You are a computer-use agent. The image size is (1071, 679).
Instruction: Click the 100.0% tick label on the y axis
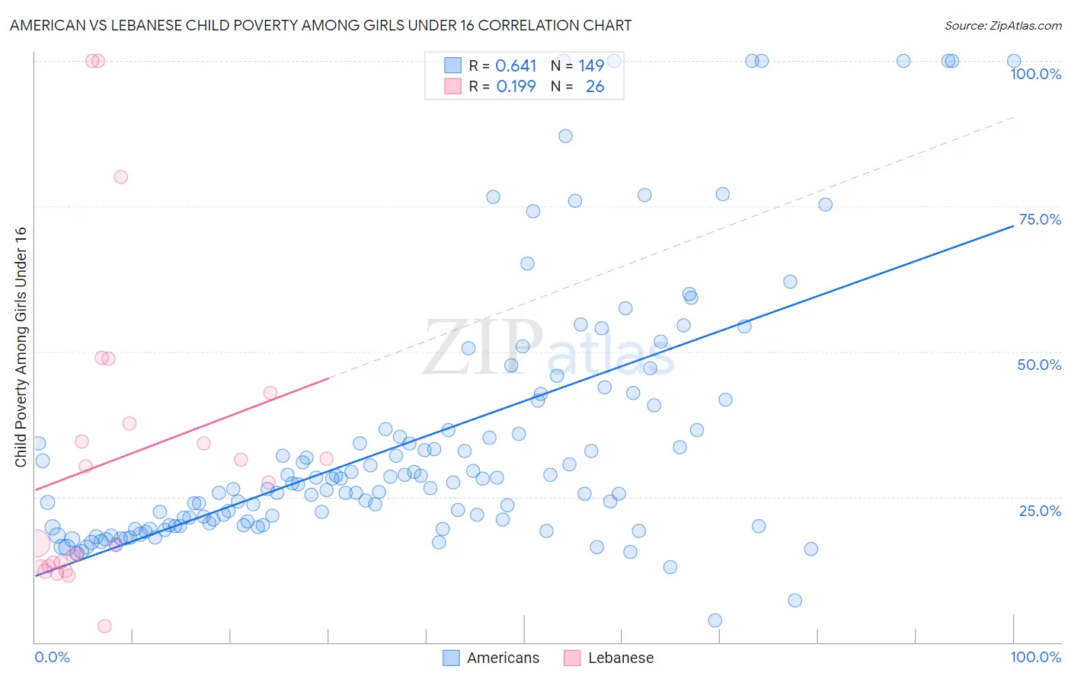coord(1035,74)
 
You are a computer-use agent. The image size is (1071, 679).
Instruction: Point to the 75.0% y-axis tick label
coord(1040,219)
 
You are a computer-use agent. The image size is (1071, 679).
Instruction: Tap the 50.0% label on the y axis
coord(1039,365)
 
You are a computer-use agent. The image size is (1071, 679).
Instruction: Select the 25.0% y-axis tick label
coord(1040,510)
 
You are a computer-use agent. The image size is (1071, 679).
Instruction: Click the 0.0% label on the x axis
coord(52,657)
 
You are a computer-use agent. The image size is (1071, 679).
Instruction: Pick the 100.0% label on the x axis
coord(1035,657)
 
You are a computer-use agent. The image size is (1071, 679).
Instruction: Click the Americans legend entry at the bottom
coord(503,658)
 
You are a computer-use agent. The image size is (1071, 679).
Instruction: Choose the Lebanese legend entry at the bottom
coord(620,658)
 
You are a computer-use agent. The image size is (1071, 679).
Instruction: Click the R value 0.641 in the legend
coord(516,66)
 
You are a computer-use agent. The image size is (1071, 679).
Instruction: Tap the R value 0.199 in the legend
coord(516,87)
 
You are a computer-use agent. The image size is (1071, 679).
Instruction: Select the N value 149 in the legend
coord(591,66)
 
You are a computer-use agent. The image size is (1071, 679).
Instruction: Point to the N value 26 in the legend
coord(595,87)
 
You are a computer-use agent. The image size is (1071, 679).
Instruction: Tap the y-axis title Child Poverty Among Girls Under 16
coord(21,347)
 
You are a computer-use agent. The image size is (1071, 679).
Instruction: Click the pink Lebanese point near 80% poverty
coord(120,177)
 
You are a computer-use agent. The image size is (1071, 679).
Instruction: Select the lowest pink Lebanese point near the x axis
coord(105,626)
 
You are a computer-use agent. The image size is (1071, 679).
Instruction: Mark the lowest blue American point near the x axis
coord(715,620)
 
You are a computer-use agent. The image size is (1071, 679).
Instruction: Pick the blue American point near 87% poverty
coord(565,136)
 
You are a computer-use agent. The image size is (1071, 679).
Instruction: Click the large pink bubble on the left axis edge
coord(35,544)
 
